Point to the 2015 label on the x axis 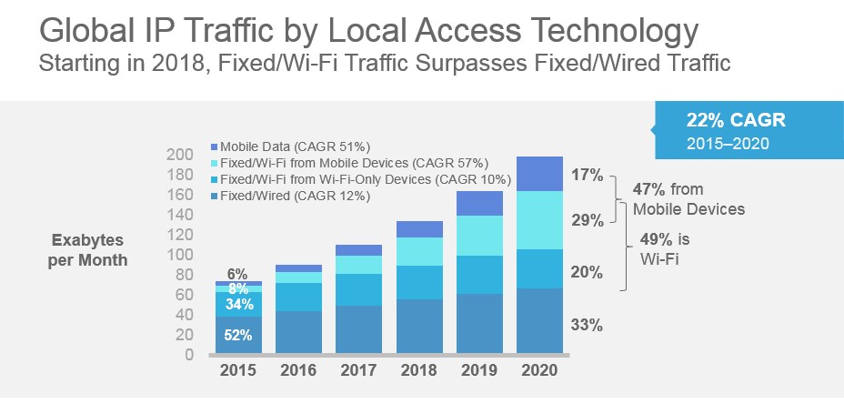[x=237, y=371]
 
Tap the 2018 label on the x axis [x=419, y=371]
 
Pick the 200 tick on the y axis [x=180, y=154]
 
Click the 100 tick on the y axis [x=180, y=255]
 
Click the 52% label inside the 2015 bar [x=237, y=334]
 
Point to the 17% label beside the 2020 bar [x=588, y=176]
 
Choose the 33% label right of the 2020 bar [x=588, y=325]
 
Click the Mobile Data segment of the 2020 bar [x=540, y=174]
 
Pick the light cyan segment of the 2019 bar [x=479, y=236]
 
